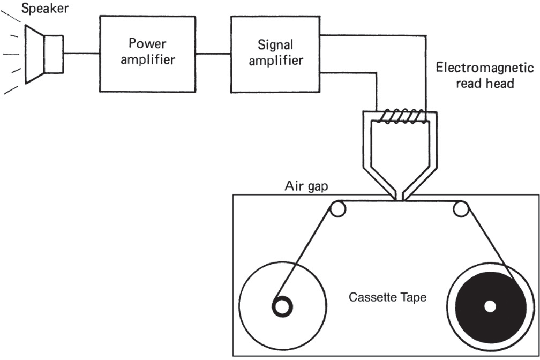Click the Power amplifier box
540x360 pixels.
point(147,53)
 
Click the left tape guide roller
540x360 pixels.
point(337,209)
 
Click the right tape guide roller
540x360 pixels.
point(461,209)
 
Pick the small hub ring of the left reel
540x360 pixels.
point(282,306)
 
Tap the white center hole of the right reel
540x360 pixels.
point(489,306)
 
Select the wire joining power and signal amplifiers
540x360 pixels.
point(213,53)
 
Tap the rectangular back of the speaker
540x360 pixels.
point(54,54)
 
